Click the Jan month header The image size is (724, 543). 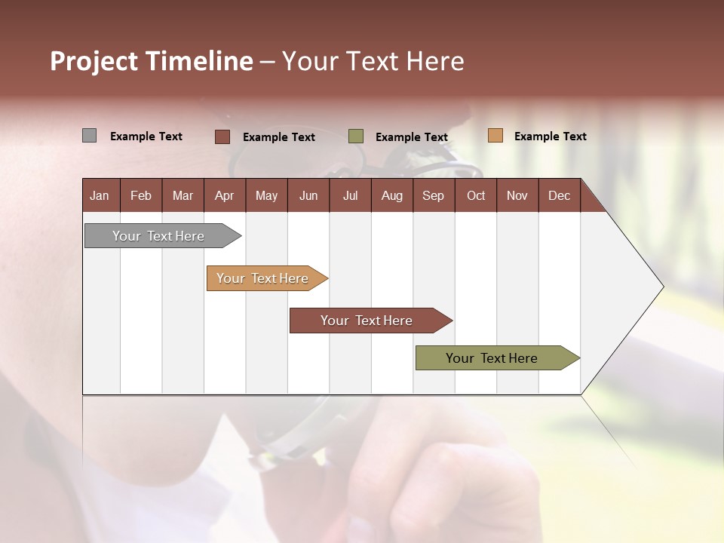100,195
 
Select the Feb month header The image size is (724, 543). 141,195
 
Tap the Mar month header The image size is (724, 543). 183,195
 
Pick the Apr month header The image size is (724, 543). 224,195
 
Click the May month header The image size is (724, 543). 266,195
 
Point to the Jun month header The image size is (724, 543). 308,195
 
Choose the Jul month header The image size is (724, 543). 350,195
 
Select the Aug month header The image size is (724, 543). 391,195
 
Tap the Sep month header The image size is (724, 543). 434,195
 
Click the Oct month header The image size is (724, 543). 476,195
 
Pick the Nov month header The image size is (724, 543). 517,195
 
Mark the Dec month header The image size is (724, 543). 560,195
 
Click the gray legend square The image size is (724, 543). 90,136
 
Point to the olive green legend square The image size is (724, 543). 356,137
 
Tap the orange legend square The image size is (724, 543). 495,136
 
